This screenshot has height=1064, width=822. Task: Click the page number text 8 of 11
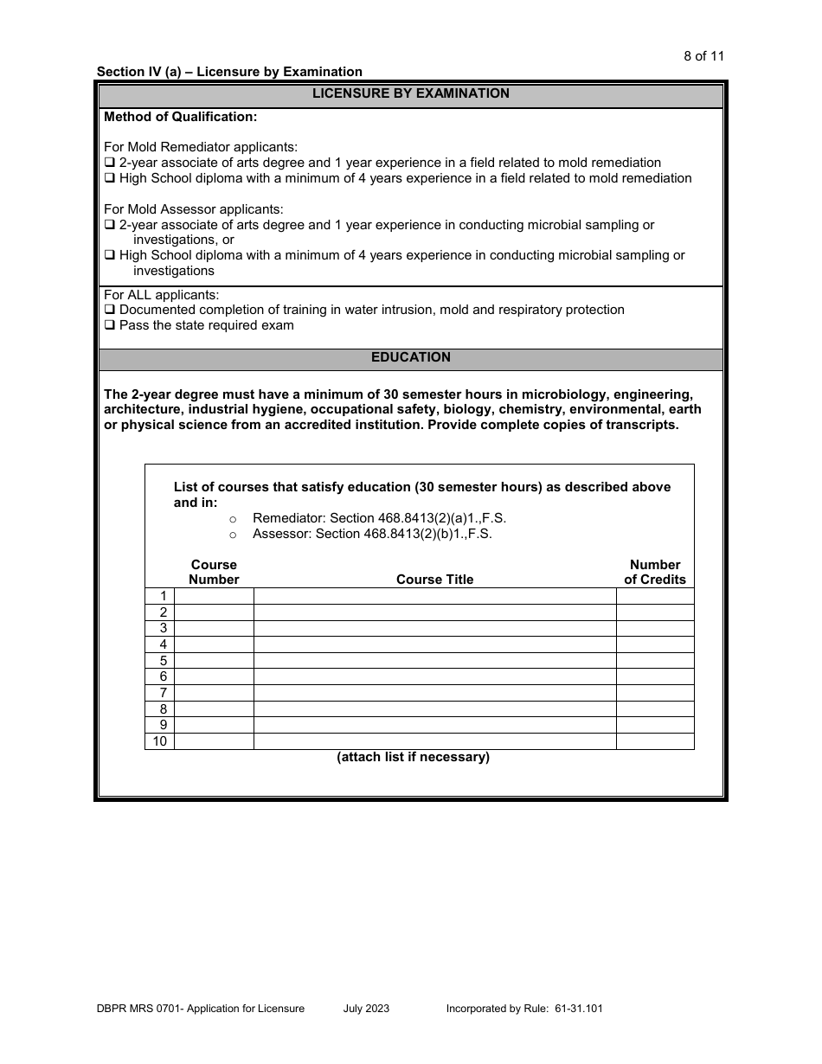703,56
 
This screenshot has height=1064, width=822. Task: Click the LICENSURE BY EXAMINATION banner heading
410,93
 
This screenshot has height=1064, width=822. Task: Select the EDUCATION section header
410,357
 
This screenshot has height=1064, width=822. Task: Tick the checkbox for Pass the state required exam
110,326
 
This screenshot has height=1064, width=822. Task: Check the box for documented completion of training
110,311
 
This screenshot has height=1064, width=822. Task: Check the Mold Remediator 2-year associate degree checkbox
110,163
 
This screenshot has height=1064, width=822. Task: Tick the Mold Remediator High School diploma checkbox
110,179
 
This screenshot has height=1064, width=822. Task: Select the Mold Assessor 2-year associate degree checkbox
110,226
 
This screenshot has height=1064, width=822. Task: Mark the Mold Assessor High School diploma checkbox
110,256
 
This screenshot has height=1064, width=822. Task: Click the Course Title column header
434,580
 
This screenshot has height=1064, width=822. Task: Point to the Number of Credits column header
655,572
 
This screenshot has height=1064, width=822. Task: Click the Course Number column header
214,572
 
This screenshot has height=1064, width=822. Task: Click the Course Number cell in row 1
214,596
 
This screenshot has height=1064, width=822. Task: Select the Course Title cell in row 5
434,661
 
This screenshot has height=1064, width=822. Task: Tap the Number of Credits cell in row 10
655,741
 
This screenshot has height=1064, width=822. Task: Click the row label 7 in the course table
162,693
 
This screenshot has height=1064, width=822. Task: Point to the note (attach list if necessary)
413,757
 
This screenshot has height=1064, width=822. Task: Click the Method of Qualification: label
180,117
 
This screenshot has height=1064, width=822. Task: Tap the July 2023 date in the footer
366,1009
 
